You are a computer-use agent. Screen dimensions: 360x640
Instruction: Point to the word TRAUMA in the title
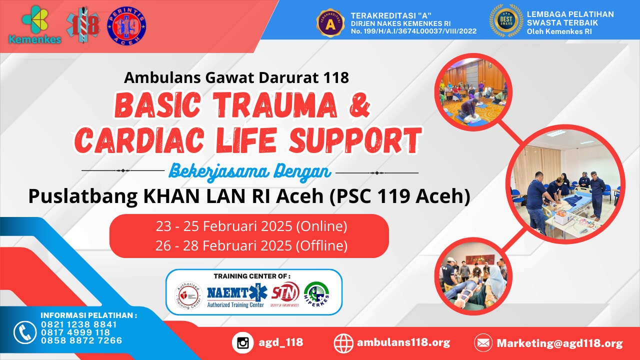(290, 106)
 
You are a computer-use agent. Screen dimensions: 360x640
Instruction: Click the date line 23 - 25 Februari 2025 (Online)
(251, 226)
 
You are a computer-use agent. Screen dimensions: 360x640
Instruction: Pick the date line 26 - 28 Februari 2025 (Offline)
(251, 245)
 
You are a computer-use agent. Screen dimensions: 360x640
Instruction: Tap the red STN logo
(285, 292)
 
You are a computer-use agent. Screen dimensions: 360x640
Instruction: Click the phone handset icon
(24, 332)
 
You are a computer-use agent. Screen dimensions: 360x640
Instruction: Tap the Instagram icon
(243, 342)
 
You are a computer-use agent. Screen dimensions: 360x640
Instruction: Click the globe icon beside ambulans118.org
(344, 342)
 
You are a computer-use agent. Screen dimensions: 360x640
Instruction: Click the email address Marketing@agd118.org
(559, 343)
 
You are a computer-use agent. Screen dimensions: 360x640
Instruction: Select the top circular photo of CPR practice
(473, 91)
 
